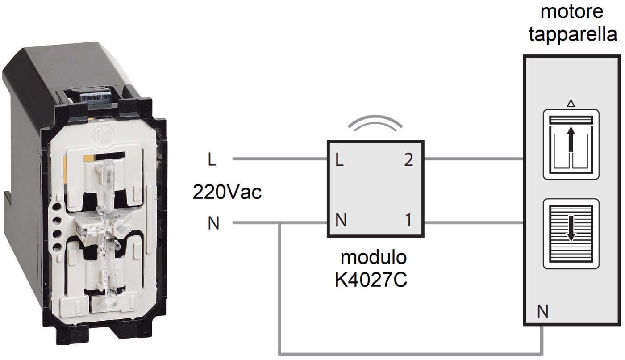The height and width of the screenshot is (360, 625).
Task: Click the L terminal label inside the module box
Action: pyautogui.click(x=339, y=160)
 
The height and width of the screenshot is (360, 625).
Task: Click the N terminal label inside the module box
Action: pyautogui.click(x=340, y=221)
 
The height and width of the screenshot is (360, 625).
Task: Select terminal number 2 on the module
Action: pyautogui.click(x=408, y=160)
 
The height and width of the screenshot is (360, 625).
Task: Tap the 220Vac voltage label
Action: pyautogui.click(x=227, y=192)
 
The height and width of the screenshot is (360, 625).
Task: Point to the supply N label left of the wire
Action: pyautogui.click(x=214, y=223)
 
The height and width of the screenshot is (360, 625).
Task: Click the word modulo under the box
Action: pyautogui.click(x=374, y=258)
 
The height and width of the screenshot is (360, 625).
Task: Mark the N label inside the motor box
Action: pyautogui.click(x=542, y=312)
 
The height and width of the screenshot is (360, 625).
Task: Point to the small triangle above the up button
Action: pyautogui.click(x=571, y=104)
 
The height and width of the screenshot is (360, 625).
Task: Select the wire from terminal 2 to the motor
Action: pyautogui.click(x=473, y=159)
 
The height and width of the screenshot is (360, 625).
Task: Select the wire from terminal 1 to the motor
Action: pyautogui.click(x=473, y=222)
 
